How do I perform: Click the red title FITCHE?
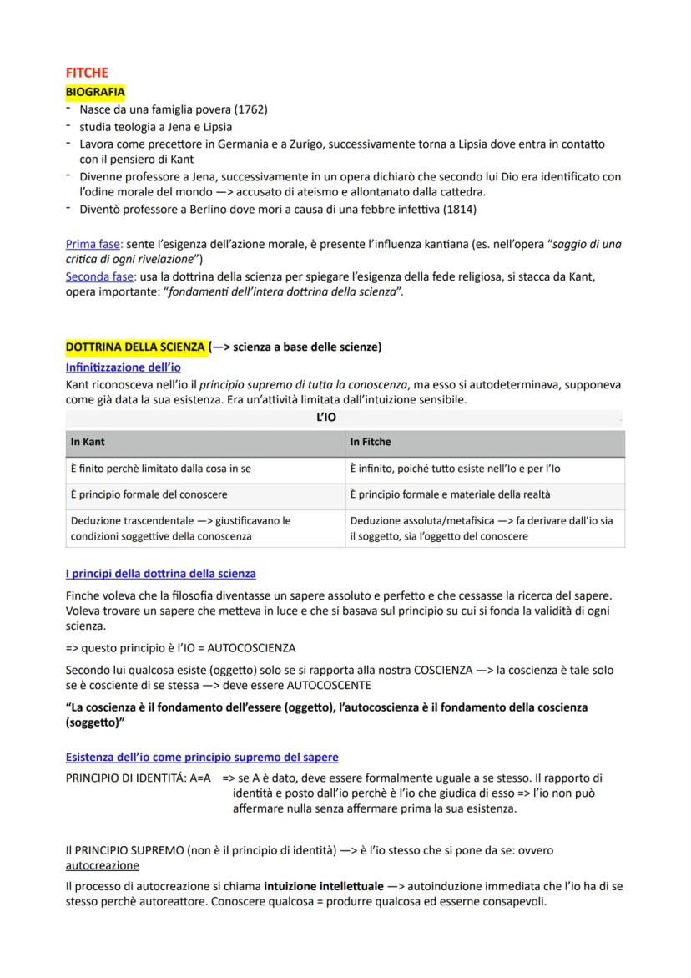[87, 73]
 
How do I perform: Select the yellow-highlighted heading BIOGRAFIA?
[95, 91]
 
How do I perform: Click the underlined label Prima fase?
[93, 244]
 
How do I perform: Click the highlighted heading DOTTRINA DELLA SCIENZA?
[135, 347]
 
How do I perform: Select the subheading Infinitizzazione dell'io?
[123, 367]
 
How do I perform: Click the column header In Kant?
[88, 442]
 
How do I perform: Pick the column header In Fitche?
[371, 442]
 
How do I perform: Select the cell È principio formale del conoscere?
[149, 494]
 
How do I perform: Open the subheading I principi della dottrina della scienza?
[160, 574]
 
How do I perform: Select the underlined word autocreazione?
[102, 865]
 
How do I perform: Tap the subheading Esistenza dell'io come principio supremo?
[201, 757]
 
